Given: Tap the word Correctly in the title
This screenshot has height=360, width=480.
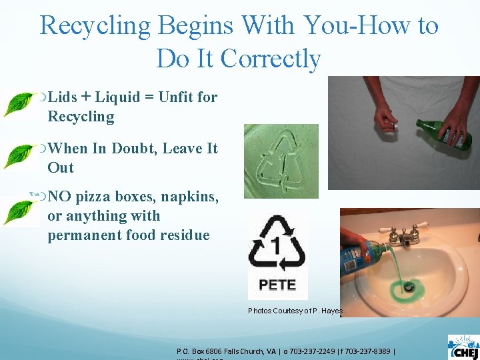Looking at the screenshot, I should [x=271, y=59].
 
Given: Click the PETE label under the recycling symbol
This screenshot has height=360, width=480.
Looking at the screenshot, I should [x=277, y=285].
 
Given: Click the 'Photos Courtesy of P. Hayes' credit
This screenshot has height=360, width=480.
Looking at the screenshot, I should [x=295, y=311].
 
